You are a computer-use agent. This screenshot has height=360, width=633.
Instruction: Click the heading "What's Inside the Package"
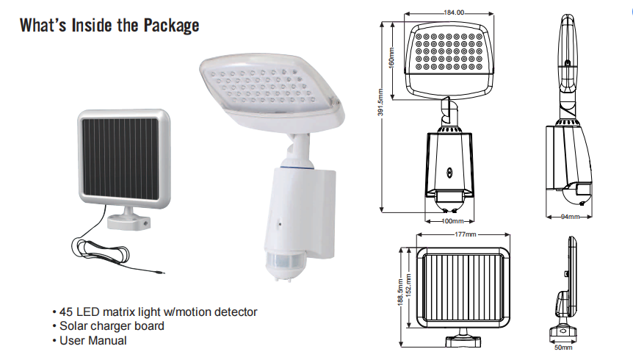pyautogui.click(x=109, y=26)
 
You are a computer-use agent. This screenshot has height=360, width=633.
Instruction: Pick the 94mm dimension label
pyautogui.click(x=570, y=217)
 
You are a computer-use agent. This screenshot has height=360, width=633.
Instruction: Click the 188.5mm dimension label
pyautogui.click(x=400, y=294)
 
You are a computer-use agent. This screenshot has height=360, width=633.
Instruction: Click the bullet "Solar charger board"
pyautogui.click(x=112, y=325)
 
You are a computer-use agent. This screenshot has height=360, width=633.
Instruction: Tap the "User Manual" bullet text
pyautogui.click(x=93, y=340)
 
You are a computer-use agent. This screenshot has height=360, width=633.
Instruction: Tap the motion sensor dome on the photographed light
pyautogui.click(x=287, y=262)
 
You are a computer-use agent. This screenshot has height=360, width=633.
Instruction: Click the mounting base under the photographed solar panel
pyautogui.click(x=128, y=218)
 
